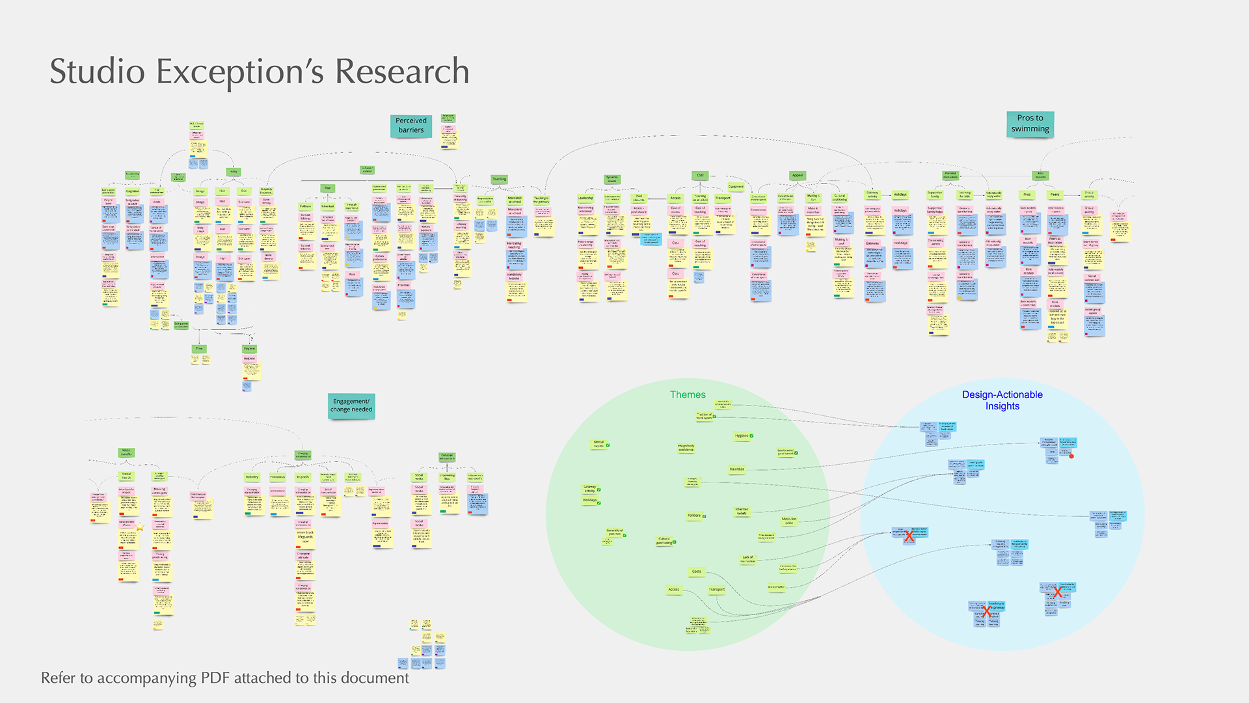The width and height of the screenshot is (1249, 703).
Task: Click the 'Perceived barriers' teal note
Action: coord(410,125)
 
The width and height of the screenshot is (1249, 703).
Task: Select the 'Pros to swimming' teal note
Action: coord(1030,124)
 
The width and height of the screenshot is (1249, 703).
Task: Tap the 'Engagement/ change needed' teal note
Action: coord(351,406)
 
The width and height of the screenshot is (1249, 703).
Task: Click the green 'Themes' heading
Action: coord(688,394)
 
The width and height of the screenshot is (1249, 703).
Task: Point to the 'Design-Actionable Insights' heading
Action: coord(1002,400)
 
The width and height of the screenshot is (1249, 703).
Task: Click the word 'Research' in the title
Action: coord(402,72)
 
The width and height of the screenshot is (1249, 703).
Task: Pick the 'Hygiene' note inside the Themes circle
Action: coord(742,435)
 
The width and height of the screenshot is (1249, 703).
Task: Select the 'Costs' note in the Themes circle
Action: coord(697,572)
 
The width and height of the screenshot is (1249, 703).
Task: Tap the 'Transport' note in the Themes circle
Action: coord(716,589)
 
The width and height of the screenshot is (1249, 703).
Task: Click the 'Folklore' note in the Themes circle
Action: coord(695,516)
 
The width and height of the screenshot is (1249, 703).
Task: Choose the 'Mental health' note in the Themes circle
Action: coord(598,444)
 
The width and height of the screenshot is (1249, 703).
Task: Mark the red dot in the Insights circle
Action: coord(1071,456)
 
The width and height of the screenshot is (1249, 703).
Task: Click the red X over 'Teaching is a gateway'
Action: coord(987,611)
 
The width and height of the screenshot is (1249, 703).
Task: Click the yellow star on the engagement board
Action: coord(140,527)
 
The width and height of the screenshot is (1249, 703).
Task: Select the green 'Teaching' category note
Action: coord(499,179)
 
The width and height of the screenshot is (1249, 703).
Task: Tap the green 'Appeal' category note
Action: coord(798,175)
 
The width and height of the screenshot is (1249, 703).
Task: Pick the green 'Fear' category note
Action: coord(327,188)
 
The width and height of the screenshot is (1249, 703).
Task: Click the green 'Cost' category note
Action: coord(700,175)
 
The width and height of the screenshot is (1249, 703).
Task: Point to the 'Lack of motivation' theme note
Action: coord(747,558)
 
